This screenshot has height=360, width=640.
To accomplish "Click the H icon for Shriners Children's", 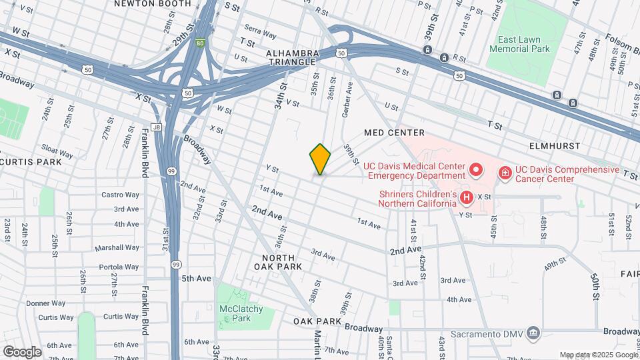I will click(467, 197).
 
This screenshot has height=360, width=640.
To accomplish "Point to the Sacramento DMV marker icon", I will click(533, 333).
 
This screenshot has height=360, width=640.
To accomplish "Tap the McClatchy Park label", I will click(241, 313).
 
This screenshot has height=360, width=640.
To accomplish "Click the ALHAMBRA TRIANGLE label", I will click(290, 57).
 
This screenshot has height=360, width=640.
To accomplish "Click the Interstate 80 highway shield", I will click(200, 45).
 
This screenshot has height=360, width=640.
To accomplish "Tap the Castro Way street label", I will click(120, 195).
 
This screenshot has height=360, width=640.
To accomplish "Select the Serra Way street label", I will click(260, 31).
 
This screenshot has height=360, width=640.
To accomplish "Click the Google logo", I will click(22, 351).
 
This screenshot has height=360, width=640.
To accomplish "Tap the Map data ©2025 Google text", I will click(597, 355).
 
